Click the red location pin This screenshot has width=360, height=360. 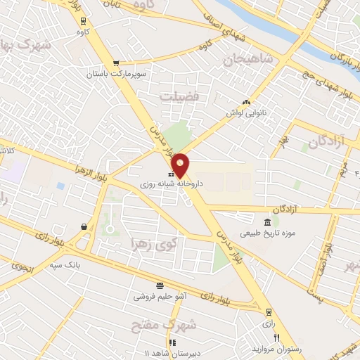tap(181, 165)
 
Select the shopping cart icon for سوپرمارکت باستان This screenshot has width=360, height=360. tap(116, 63)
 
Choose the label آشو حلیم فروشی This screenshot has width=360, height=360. tap(160, 296)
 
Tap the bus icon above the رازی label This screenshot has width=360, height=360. tap(268, 311)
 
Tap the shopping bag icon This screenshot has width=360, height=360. tap(84, 226)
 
